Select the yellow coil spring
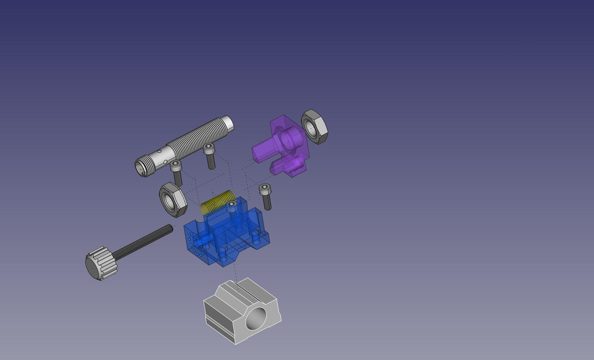218,202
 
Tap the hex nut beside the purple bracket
314,126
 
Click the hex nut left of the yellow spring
173,199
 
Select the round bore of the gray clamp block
256,319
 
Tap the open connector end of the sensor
143,165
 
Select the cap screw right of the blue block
266,197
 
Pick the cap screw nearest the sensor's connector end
177,171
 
